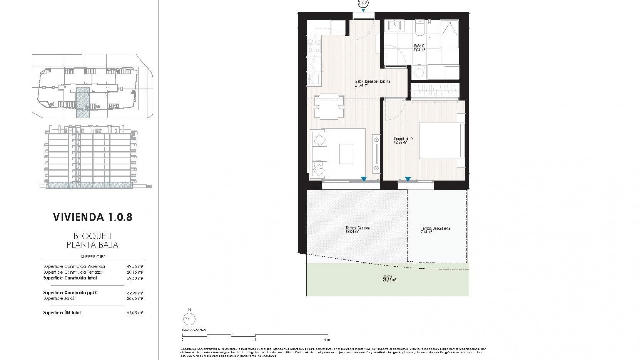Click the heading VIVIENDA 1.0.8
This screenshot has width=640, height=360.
93,217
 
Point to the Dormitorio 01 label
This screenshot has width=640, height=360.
404,140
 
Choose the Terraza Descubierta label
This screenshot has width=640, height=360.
435,230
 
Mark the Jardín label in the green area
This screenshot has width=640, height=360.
387,278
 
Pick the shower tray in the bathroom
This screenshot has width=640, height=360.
449,36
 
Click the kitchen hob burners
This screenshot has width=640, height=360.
313,46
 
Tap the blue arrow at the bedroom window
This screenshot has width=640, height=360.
408,179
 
